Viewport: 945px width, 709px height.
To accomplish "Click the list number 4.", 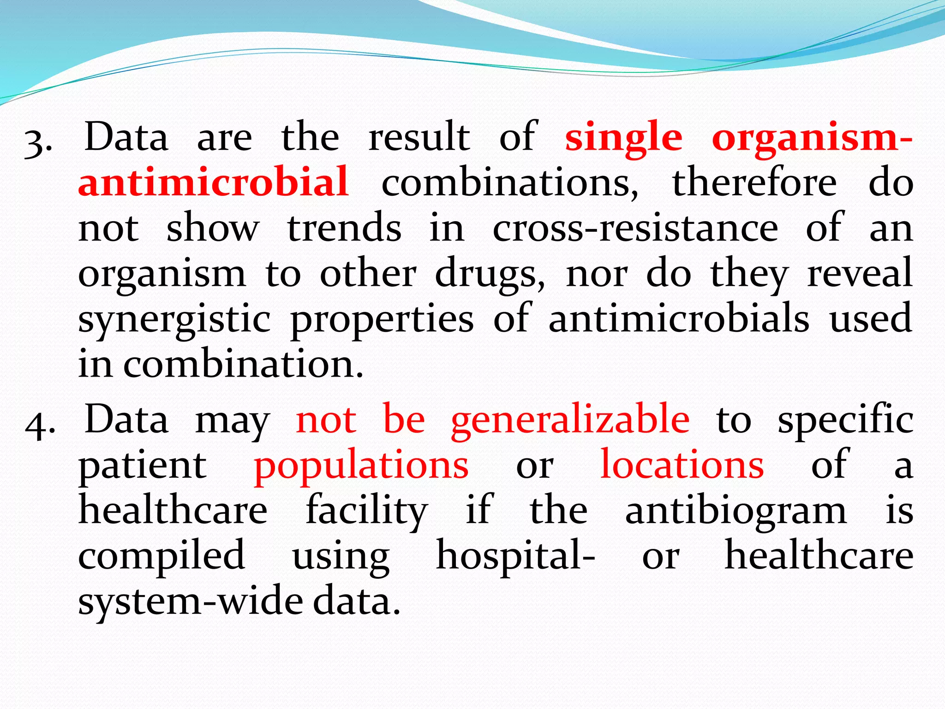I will point(40,424).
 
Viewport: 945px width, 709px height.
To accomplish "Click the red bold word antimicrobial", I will point(213,182).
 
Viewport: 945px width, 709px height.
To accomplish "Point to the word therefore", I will point(754,183).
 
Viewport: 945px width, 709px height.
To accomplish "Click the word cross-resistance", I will point(635,228).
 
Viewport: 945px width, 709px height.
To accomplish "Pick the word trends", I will point(344,228).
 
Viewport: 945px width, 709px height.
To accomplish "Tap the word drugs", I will point(489,274).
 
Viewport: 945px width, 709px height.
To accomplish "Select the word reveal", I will point(859,273).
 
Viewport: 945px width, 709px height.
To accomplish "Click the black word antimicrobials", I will point(678,318).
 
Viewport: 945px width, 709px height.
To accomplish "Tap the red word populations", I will point(361,465).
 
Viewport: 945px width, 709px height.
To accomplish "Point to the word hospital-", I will point(515,556).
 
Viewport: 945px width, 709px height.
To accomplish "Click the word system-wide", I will point(194,601).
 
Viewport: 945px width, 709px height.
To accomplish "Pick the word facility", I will point(366,511).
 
